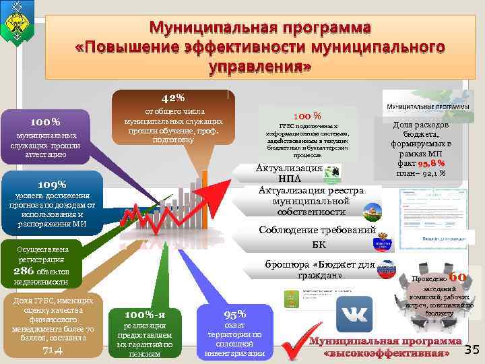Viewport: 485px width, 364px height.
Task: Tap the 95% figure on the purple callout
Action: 234,314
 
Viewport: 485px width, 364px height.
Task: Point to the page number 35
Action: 472,348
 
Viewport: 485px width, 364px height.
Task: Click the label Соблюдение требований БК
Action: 317,237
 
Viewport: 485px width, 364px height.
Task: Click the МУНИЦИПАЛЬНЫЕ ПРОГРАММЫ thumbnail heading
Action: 418,107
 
